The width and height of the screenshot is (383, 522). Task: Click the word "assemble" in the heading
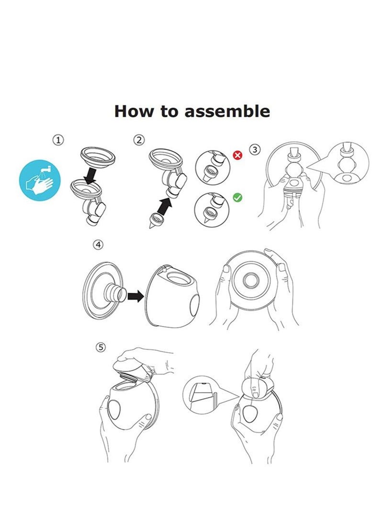click(x=227, y=111)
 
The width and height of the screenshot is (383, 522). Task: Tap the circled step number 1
click(x=58, y=140)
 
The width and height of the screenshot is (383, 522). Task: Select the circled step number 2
click(x=139, y=140)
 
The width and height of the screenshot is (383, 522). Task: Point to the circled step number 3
click(x=255, y=150)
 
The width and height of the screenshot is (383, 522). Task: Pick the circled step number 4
click(x=98, y=244)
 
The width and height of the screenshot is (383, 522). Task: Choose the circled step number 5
click(x=101, y=347)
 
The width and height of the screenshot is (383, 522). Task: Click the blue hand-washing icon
click(x=40, y=180)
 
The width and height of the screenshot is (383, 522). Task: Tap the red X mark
click(x=238, y=155)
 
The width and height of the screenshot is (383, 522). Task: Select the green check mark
click(x=237, y=198)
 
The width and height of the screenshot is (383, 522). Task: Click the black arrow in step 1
click(x=91, y=176)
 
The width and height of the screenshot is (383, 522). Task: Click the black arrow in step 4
click(x=135, y=295)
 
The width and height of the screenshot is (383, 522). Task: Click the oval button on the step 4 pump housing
click(x=194, y=305)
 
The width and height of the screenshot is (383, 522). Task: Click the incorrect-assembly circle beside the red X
click(x=213, y=167)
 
